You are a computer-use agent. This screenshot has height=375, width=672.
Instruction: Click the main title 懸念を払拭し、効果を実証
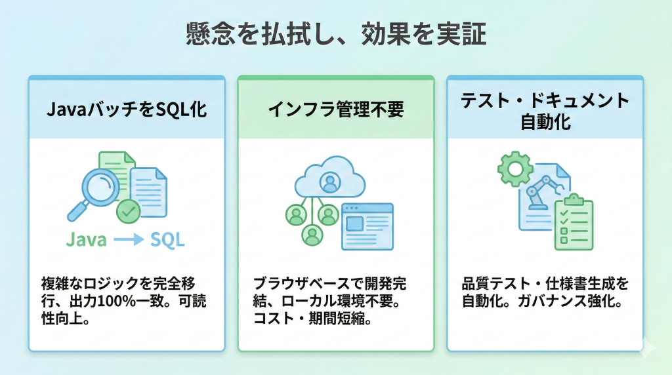point(335,35)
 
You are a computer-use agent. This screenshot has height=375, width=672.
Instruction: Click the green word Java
point(86,240)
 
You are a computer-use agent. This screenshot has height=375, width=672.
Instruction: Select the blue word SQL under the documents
point(167,240)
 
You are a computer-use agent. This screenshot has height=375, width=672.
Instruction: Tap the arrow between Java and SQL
point(128,241)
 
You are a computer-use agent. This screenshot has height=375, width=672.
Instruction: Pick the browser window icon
point(367,226)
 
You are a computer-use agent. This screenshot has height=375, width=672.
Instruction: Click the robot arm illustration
point(542,193)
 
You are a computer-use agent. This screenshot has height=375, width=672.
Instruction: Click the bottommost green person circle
point(313,235)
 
